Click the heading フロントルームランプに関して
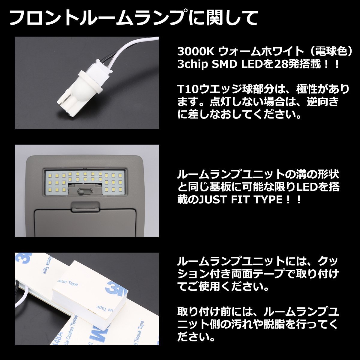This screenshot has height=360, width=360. (134, 18)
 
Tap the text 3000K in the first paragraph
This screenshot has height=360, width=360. (195, 52)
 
